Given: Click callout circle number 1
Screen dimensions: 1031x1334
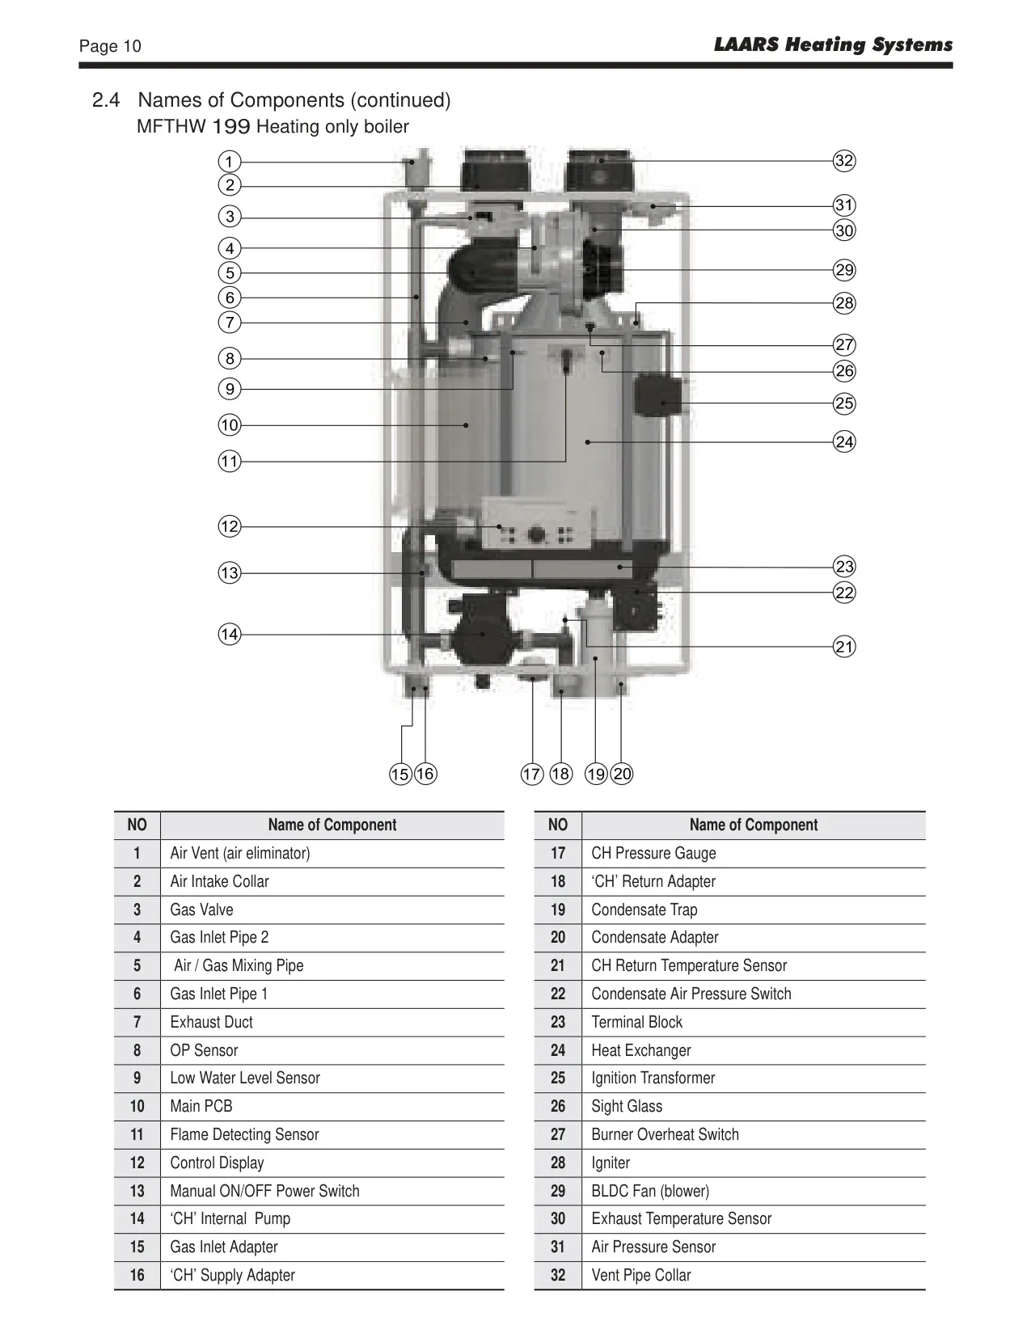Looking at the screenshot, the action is point(230,162).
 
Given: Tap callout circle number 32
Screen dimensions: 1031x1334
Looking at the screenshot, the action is point(844,161).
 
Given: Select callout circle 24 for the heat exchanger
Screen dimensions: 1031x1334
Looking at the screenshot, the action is point(844,441).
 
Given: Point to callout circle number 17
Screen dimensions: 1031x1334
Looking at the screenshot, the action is point(532,774).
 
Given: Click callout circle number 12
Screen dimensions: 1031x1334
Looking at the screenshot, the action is point(230,526).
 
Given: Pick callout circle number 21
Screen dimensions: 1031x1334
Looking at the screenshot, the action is point(844,647).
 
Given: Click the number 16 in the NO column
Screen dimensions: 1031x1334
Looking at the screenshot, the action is point(137,1275).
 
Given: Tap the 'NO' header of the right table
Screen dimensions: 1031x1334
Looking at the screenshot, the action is point(558,825).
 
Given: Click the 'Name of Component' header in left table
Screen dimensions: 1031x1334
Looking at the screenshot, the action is point(332,825).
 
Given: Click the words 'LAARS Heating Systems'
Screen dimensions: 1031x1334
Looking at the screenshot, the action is point(833,44).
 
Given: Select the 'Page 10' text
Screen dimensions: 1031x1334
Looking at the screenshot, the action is point(110,46).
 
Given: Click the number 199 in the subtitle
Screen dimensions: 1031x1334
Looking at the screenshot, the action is point(231,126).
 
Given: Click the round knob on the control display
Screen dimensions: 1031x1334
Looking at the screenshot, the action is point(537,534).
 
